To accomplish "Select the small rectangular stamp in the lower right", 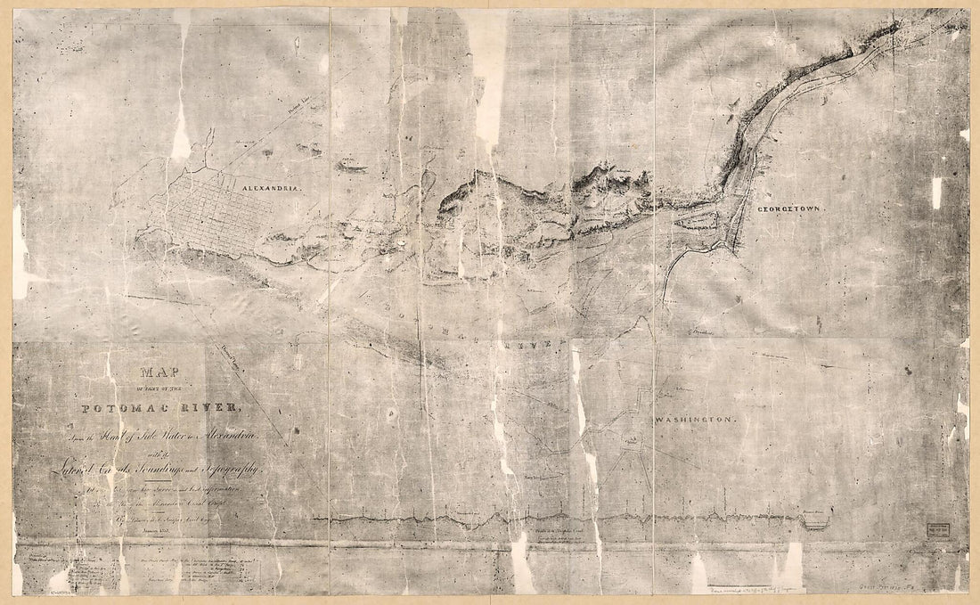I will (936, 527).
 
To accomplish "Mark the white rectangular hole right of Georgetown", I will (936, 192).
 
